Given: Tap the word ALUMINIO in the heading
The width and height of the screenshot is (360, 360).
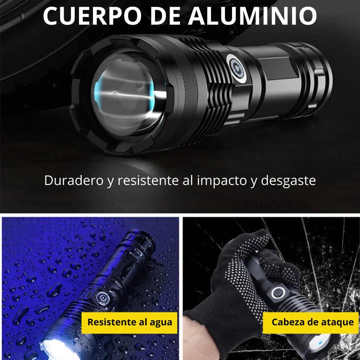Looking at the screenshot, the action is tap(253, 16).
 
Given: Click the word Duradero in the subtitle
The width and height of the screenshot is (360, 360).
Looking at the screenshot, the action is tap(74, 180).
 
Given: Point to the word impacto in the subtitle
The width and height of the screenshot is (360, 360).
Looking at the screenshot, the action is tap(222, 181).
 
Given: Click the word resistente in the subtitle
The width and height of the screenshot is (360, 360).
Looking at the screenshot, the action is tap(148, 180).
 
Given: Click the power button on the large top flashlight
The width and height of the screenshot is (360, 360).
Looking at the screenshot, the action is tap(236, 68).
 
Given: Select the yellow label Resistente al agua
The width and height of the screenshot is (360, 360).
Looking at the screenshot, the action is tap(129, 323).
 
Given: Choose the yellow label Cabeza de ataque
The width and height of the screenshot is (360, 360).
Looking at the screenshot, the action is tap(311, 323).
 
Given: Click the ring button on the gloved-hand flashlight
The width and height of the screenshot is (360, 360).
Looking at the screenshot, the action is tap(278, 293).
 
